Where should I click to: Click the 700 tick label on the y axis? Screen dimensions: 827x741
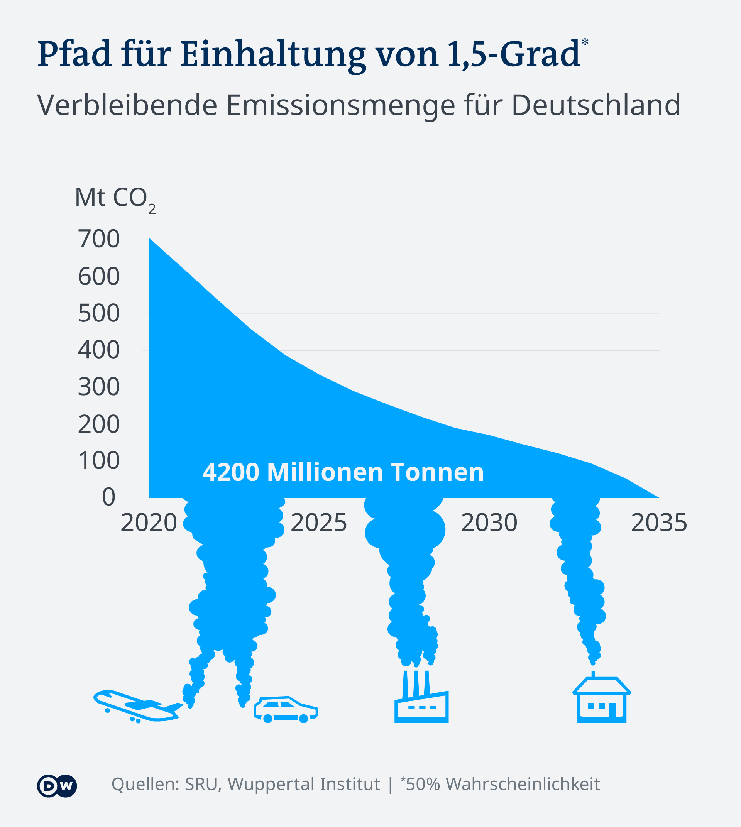tap(99, 239)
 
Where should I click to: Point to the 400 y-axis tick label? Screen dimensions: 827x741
tap(99, 350)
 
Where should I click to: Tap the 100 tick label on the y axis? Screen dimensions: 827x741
tap(99, 460)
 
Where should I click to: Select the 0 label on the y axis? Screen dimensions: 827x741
tap(109, 497)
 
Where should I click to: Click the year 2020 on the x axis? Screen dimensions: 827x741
tap(149, 523)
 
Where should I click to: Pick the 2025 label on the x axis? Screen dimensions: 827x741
tap(318, 523)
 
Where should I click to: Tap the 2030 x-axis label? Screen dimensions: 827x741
tap(489, 523)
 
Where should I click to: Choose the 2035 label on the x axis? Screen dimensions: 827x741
tap(659, 523)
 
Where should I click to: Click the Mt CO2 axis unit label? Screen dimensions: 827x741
tap(115, 199)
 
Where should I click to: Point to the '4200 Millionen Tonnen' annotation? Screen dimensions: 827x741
tap(343, 472)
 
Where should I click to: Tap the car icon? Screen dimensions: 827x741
tap(286, 710)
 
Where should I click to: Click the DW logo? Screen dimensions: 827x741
tap(57, 785)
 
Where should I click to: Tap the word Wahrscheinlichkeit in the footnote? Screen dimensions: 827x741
tap(523, 784)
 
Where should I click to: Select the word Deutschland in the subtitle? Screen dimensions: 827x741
tap(596, 105)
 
